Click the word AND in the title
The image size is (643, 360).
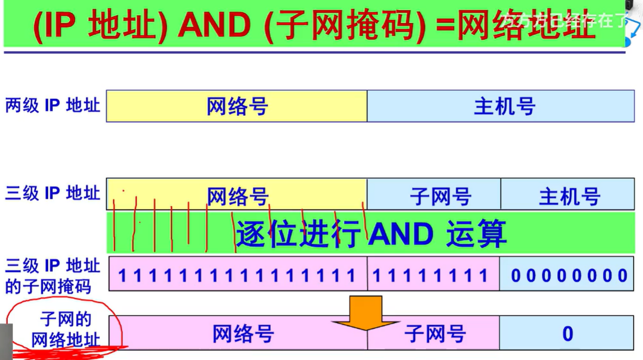pos(214,26)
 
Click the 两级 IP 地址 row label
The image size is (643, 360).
pos(52,106)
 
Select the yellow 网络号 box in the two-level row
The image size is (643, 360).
pos(237,107)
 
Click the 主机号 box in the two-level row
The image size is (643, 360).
pos(504,107)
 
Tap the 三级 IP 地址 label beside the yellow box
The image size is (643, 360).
pos(52,194)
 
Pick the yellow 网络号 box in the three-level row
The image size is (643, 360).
pos(237,195)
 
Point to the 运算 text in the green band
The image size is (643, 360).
pos(476,235)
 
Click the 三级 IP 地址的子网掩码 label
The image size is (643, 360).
pos(52,276)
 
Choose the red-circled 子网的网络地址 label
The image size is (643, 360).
pos(65,330)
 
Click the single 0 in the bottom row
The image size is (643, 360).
pos(567,334)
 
